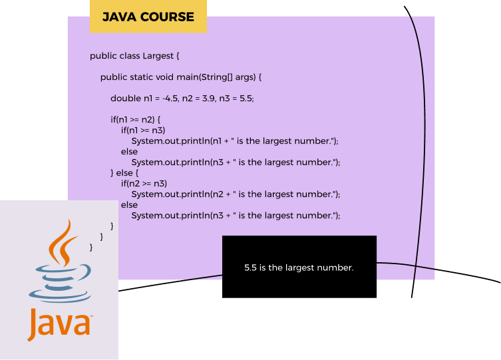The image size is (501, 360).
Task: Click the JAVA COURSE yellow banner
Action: pyautogui.click(x=148, y=17)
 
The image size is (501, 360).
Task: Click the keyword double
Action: pyautogui.click(x=126, y=98)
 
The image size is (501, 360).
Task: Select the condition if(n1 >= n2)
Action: pyautogui.click(x=133, y=120)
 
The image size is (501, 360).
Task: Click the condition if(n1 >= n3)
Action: pyautogui.click(x=143, y=130)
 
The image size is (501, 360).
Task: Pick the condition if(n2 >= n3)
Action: pyautogui.click(x=144, y=183)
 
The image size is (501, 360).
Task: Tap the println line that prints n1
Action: pyautogui.click(x=235, y=141)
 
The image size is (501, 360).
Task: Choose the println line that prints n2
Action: pyautogui.click(x=236, y=194)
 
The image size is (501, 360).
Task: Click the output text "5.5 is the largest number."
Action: pyautogui.click(x=299, y=268)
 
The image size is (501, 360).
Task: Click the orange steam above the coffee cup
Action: pyautogui.click(x=61, y=241)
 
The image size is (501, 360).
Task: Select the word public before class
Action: pyautogui.click(x=103, y=56)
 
